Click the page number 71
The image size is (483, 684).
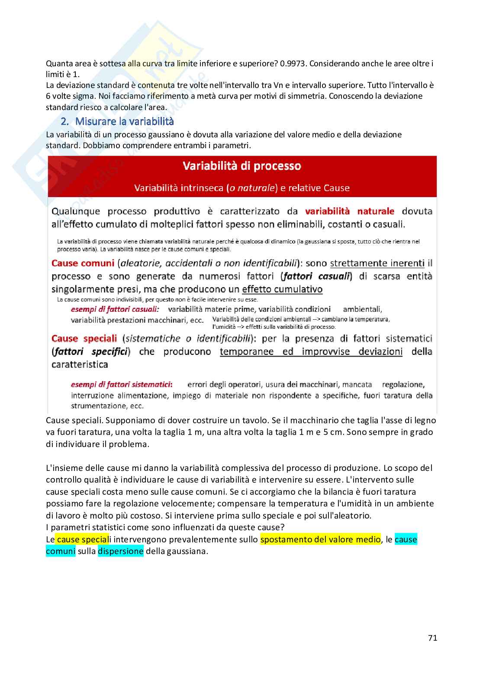click(432, 638)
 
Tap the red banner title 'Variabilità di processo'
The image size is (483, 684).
click(242, 166)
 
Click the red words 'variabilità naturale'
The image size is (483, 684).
click(350, 211)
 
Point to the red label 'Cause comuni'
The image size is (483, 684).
click(83, 263)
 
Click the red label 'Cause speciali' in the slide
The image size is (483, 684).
click(84, 338)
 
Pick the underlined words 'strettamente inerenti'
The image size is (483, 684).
click(377, 263)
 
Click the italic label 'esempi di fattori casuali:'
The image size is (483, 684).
click(115, 309)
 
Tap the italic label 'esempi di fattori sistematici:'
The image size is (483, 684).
click(122, 384)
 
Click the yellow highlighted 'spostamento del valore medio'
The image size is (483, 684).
click(320, 539)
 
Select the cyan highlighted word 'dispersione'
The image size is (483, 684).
click(120, 551)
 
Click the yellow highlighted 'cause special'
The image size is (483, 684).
click(82, 539)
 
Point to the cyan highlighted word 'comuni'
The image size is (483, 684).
click(61, 551)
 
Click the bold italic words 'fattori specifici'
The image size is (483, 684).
click(91, 351)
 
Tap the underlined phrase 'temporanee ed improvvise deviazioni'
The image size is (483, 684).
click(311, 351)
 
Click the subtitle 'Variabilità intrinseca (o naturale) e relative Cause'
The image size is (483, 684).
click(242, 188)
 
